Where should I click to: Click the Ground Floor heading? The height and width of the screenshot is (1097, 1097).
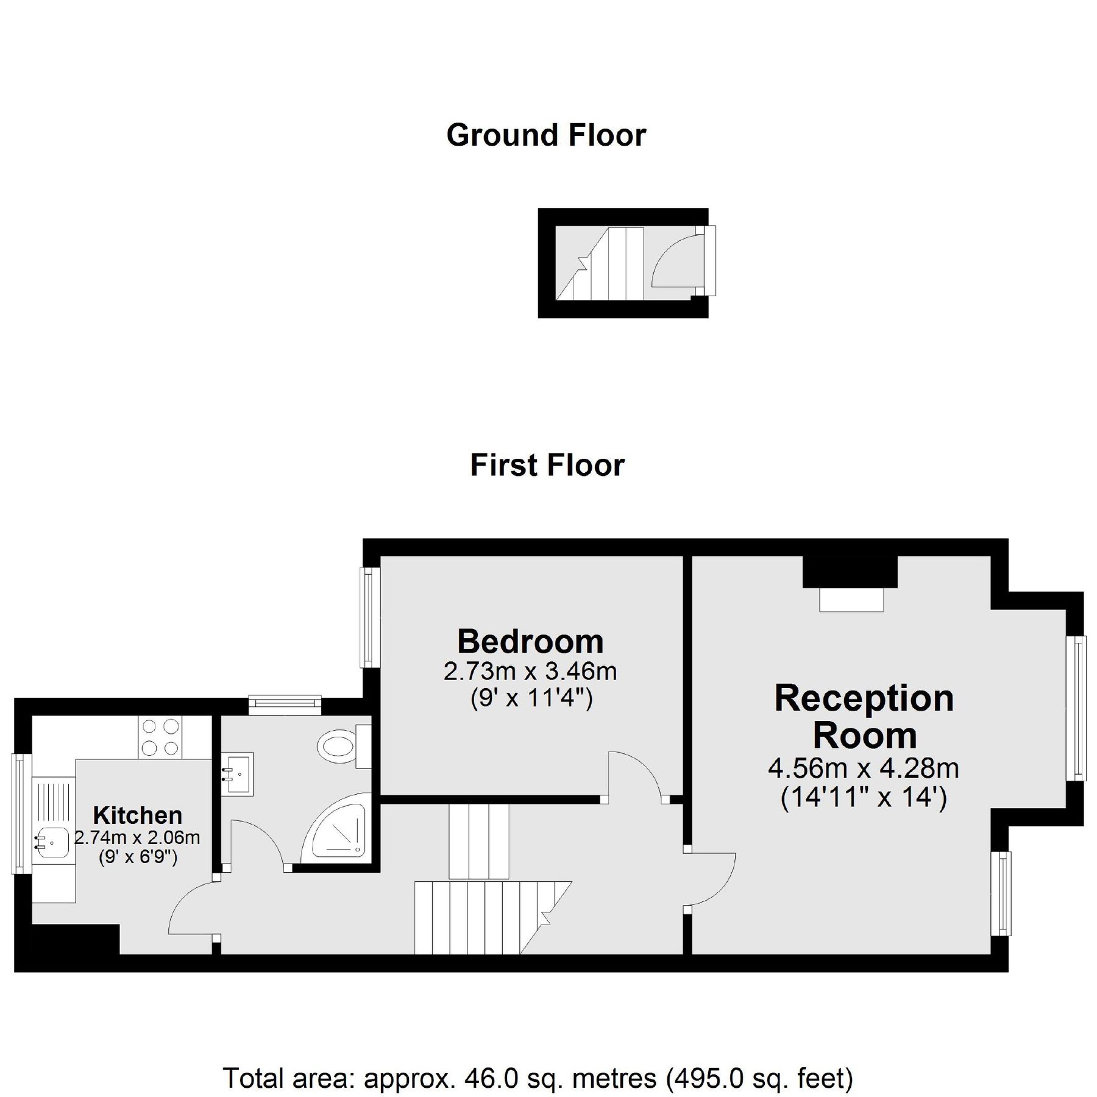(x=546, y=135)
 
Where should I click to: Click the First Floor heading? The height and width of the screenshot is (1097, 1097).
(x=547, y=466)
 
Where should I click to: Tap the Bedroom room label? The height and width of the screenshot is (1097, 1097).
(x=530, y=641)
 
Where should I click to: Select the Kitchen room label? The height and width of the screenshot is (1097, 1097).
(x=137, y=815)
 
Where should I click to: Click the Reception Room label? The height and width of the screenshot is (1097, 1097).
(x=864, y=717)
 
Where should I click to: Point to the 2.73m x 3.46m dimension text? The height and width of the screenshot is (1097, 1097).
(x=530, y=672)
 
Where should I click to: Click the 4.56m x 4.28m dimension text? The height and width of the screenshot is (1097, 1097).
(x=864, y=769)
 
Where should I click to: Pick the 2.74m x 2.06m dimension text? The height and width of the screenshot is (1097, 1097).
(x=137, y=838)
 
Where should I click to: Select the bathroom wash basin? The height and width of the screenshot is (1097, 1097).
(x=237, y=774)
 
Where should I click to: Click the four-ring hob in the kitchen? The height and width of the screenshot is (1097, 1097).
(x=161, y=737)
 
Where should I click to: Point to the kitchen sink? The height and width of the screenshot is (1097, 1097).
(x=51, y=842)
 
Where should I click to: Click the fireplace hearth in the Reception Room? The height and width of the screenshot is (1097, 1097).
(x=851, y=599)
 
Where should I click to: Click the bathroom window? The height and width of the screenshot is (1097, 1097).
(x=285, y=705)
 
